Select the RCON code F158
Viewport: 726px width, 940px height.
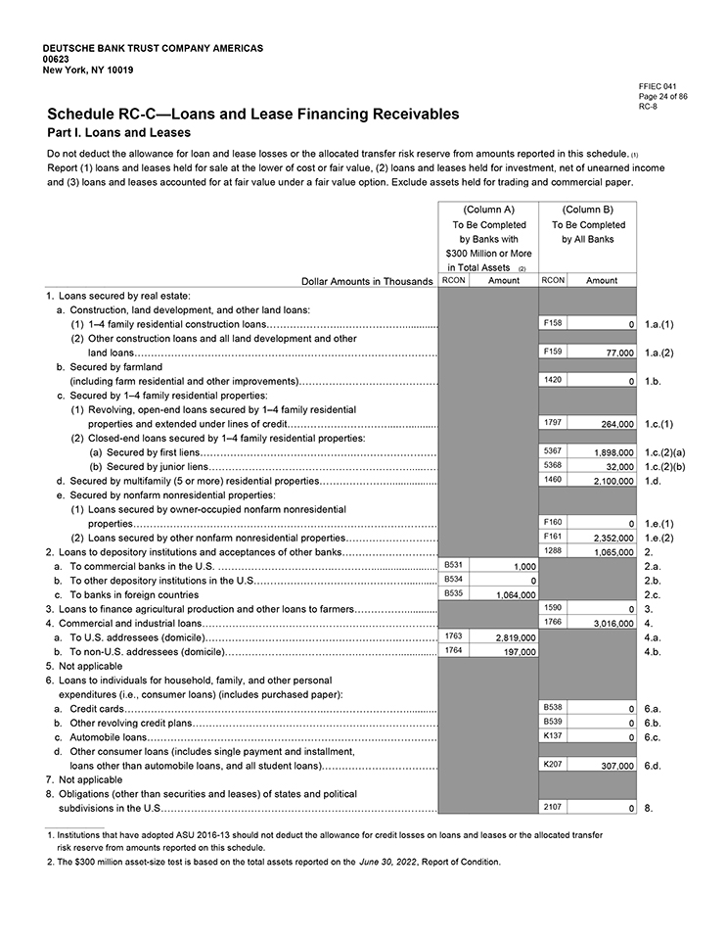tap(553, 322)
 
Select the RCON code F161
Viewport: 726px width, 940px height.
tap(553, 537)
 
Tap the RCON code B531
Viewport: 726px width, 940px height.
tap(454, 565)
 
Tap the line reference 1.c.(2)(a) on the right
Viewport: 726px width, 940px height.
tap(665, 453)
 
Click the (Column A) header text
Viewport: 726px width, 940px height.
tap(487, 210)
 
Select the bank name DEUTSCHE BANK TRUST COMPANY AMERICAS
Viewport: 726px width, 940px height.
tap(153, 48)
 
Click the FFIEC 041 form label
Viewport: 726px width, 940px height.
tap(656, 87)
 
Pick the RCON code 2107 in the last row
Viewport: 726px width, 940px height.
tap(553, 805)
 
